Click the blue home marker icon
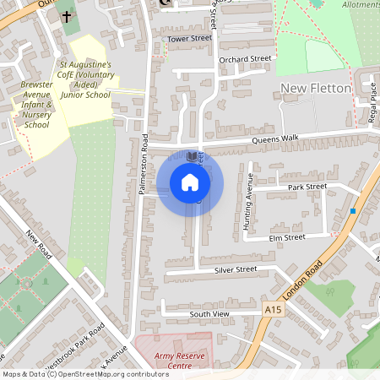pyautogui.click(x=190, y=182)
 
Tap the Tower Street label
pyautogui.click(x=188, y=39)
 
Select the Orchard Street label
pyautogui.click(x=245, y=59)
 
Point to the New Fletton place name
pyautogui.click(x=315, y=89)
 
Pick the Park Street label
pyautogui.click(x=307, y=187)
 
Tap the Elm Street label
pyautogui.click(x=285, y=238)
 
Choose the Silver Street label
pyautogui.click(x=236, y=269)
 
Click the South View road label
pyautogui.click(x=209, y=313)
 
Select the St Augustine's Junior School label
pyautogui.click(x=84, y=79)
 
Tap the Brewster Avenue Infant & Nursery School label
pyautogui.click(x=36, y=105)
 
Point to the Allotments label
pyautogui.click(x=360, y=5)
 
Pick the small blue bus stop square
pyautogui.click(x=353, y=210)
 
